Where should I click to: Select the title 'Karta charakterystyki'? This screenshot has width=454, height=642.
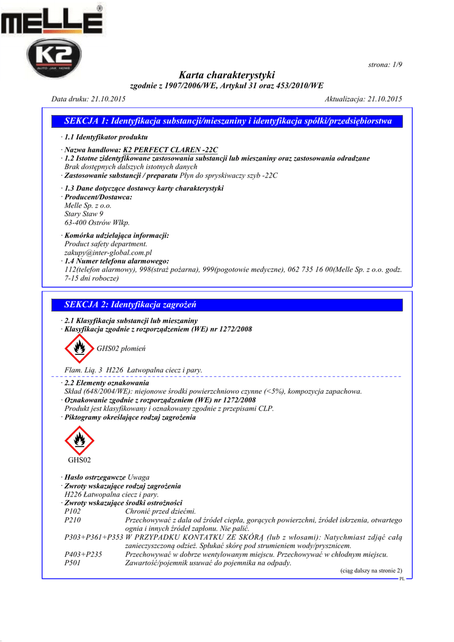[226, 75]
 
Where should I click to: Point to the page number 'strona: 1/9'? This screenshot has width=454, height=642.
[384, 65]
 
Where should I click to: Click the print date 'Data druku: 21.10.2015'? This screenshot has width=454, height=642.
[88, 99]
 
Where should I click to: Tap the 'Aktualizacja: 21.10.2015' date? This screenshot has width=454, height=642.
[364, 99]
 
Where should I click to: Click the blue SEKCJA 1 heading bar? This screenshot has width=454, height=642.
[226, 121]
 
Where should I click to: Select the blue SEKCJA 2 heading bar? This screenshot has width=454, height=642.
[226, 305]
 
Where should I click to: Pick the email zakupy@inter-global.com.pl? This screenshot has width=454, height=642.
[108, 252]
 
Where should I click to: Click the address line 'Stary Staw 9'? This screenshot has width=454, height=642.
[84, 214]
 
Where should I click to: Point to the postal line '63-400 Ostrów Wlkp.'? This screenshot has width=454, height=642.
[97, 223]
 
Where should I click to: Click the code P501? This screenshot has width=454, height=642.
[73, 563]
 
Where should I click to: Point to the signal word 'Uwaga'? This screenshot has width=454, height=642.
[139, 477]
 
